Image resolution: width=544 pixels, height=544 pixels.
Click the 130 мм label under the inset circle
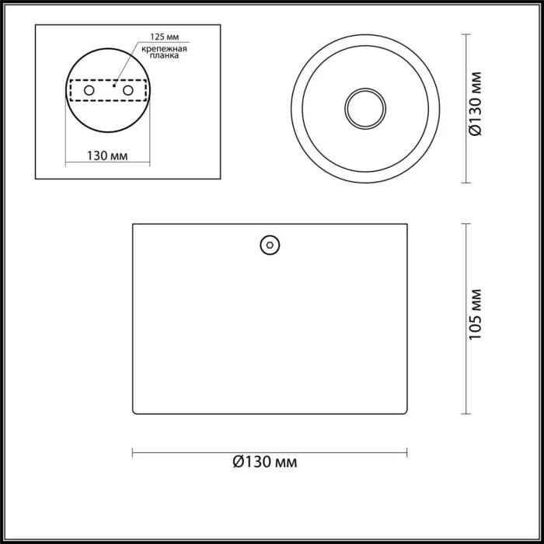coord(107,155)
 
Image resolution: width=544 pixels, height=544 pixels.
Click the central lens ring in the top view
coord(364,108)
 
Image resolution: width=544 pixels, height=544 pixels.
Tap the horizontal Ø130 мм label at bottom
coord(265,462)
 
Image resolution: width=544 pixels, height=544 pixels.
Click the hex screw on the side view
coord(270,245)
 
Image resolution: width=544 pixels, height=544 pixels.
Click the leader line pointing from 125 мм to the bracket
coord(128,63)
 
